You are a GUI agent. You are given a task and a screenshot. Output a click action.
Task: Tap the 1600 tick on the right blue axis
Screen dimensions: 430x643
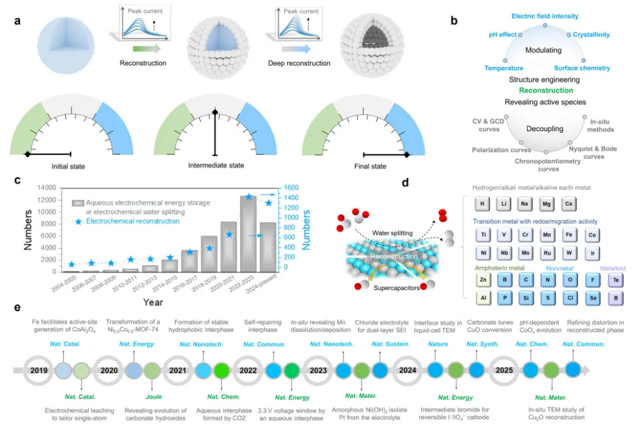[x=289, y=188]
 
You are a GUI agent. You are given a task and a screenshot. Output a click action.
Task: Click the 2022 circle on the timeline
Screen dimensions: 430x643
[x=250, y=371]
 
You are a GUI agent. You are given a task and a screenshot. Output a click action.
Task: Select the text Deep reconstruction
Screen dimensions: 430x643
[x=299, y=63]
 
